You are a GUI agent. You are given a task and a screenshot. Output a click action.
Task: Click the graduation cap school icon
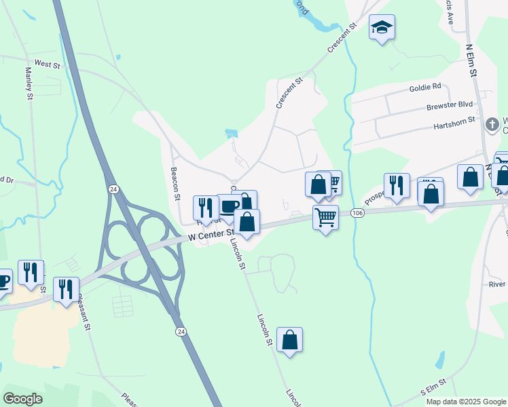[382, 28]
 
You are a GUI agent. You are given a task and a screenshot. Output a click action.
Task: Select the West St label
[48, 64]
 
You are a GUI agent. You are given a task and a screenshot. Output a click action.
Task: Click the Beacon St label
[175, 184]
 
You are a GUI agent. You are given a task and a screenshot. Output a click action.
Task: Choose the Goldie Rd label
[425, 87]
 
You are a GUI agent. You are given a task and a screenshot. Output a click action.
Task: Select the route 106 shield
[358, 213]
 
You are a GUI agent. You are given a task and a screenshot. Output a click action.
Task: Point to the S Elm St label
[432, 387]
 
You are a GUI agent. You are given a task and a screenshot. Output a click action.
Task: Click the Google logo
[22, 399]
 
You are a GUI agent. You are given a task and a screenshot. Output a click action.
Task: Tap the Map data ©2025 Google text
[466, 402]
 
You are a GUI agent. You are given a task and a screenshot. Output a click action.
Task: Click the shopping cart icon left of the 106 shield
[325, 218]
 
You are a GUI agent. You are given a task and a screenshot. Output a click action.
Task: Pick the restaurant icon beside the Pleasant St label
[66, 289]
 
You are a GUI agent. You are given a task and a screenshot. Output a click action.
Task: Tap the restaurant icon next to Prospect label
[397, 185]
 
